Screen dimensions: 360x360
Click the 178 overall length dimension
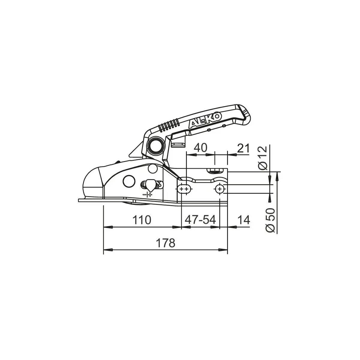pyautogui.click(x=166, y=243)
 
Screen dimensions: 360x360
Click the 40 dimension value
pyautogui.click(x=201, y=148)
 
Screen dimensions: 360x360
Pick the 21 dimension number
pyautogui.click(x=243, y=148)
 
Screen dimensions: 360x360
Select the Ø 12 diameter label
pyautogui.click(x=263, y=158)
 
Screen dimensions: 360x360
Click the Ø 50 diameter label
pyautogui.click(x=270, y=220)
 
